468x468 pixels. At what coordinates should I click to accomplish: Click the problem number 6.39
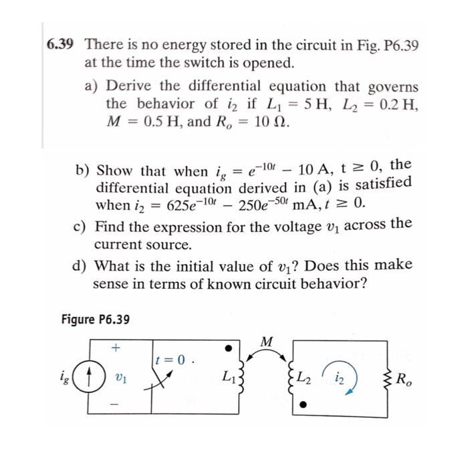[60, 45]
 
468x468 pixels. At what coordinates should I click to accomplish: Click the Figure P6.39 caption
[95, 319]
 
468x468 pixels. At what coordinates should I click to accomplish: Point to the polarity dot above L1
[228, 348]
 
